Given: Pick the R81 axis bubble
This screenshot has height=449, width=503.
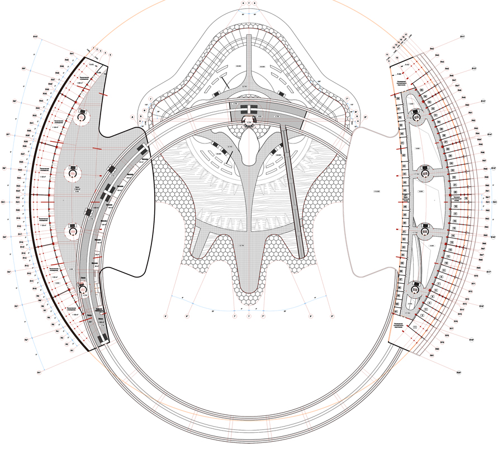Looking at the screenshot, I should tap(432, 355).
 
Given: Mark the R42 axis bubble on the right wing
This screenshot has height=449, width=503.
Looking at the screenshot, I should tap(432, 49).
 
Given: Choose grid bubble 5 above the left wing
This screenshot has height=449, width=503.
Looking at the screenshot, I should tap(111, 54).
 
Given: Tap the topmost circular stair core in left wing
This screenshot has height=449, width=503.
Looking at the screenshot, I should tap(82, 116).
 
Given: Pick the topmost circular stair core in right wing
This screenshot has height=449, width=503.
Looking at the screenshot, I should tap(416, 116).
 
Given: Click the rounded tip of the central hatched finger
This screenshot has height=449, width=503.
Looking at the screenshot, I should tap(249, 290).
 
